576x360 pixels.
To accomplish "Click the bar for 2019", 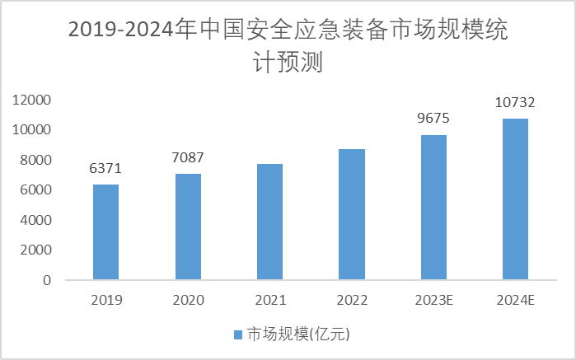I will pos(105,232).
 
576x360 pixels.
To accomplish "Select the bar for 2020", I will pos(188,227).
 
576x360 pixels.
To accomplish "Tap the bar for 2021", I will pos(269,222).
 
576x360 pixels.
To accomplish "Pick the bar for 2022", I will pos(352,214).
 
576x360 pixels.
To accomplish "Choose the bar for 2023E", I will pos(433,208).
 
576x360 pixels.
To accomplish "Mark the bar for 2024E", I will pos(515,199).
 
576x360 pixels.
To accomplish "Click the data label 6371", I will pos(105,169).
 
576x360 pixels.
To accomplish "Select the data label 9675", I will pos(433,119).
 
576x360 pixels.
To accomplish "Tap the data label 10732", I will pos(515,103).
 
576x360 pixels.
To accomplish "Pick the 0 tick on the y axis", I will pos(47,280).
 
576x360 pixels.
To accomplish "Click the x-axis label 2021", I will pos(269,300).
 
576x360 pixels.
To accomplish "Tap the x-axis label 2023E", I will pos(433,300).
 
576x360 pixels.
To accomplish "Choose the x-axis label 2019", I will pos(105,300).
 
